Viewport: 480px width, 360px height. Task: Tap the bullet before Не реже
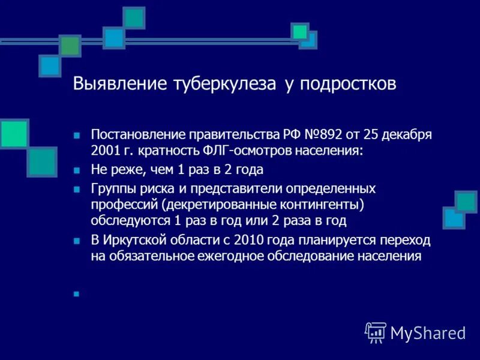click(76, 170)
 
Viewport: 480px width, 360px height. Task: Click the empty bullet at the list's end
click(76, 294)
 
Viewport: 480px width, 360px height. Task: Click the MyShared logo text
click(428, 332)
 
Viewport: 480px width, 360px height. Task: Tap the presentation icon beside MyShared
click(376, 332)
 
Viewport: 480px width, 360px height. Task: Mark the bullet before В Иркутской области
click(76, 241)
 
